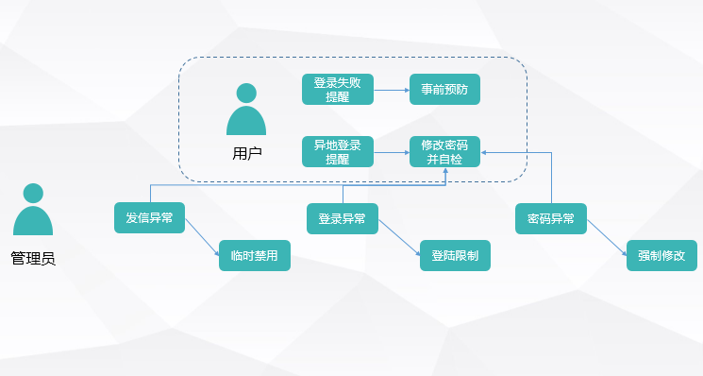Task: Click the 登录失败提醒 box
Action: (338, 90)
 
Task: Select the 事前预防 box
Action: (444, 90)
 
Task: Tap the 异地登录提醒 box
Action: (338, 152)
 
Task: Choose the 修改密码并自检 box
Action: (444, 152)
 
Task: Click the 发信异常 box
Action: (149, 217)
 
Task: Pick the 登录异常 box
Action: (343, 218)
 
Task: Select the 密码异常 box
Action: (550, 218)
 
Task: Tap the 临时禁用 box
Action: (255, 255)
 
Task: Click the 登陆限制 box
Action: (455, 255)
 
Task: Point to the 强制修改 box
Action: (661, 255)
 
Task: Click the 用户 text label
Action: (246, 153)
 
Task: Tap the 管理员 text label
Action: (33, 259)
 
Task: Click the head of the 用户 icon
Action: (246, 94)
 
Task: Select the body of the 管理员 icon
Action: (33, 221)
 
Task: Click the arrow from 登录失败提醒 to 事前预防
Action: (392, 90)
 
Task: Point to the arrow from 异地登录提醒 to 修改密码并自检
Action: (392, 152)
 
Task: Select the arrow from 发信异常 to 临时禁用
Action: (202, 237)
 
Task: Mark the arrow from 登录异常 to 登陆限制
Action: (399, 238)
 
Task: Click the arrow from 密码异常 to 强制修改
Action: (607, 238)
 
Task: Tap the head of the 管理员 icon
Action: (33, 194)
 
